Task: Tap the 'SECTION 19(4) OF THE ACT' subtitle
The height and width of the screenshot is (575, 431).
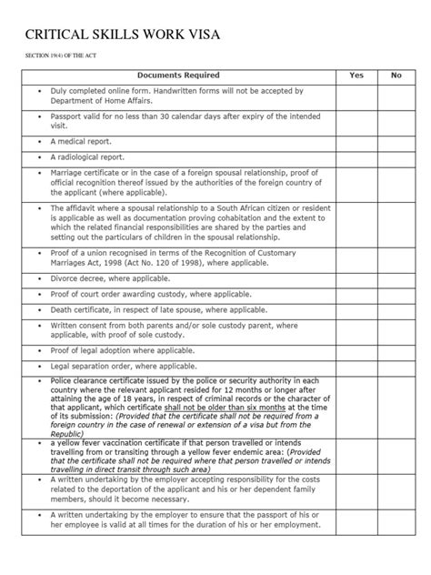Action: coord(54,57)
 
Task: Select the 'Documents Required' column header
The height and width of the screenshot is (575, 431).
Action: coord(177,76)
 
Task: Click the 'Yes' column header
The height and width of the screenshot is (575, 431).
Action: coord(356,76)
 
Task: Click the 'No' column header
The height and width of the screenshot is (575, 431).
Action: coord(396,76)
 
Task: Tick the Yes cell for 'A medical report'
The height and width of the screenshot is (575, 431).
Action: coord(356,142)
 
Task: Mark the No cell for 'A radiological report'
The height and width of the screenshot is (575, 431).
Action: coord(396,156)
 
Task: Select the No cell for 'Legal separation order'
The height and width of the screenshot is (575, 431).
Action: coord(396,366)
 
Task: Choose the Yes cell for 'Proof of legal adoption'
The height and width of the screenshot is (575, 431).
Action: coord(356,350)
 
